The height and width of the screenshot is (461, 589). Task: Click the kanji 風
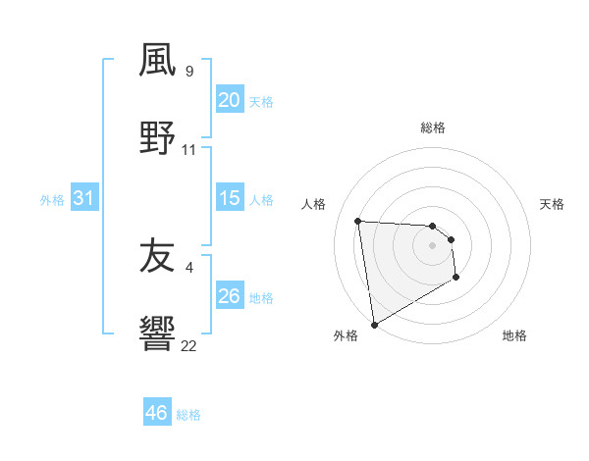157,61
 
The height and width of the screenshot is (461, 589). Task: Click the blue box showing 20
229,100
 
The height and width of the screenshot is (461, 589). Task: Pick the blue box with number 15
229,198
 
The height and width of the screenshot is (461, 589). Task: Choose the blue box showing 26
229,296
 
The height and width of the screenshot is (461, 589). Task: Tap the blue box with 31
84,198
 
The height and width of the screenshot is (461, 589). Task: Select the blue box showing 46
157,413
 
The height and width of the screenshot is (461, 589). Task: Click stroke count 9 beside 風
189,71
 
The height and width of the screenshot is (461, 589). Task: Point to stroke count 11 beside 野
189,149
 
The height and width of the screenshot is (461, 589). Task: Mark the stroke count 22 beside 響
189,345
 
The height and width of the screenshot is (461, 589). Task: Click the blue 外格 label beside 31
52,199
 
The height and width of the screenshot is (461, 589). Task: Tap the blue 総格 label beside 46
188,414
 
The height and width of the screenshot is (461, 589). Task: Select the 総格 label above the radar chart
433,128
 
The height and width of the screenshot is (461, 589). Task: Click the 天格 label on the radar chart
552,204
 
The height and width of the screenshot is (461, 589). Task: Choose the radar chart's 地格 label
514,335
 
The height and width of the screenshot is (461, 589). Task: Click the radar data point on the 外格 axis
373,324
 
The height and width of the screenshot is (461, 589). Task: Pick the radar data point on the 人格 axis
358,221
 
